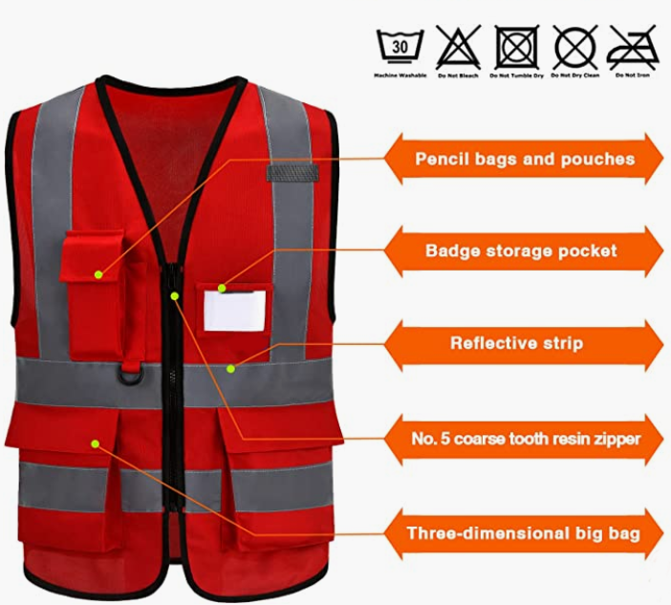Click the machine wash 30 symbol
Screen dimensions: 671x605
click(x=400, y=46)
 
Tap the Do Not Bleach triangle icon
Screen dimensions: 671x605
click(x=458, y=47)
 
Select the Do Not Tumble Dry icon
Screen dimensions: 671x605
click(x=516, y=47)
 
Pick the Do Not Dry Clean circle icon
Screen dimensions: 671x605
click(x=575, y=47)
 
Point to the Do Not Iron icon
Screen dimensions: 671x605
click(x=633, y=48)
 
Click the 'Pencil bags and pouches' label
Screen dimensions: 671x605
click(x=524, y=159)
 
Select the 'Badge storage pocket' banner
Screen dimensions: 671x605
click(x=524, y=250)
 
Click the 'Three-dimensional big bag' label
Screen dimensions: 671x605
click(x=524, y=533)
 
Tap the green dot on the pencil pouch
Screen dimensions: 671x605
click(x=98, y=274)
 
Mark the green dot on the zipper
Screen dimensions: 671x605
click(x=175, y=295)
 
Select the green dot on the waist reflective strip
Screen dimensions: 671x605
click(x=230, y=369)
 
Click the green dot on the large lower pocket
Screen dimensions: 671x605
click(x=96, y=444)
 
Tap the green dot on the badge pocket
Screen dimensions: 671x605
click(x=222, y=289)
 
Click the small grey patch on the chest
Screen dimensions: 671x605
click(x=292, y=173)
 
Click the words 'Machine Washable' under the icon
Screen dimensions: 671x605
click(x=400, y=76)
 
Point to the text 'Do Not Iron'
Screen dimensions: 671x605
click(x=633, y=76)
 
